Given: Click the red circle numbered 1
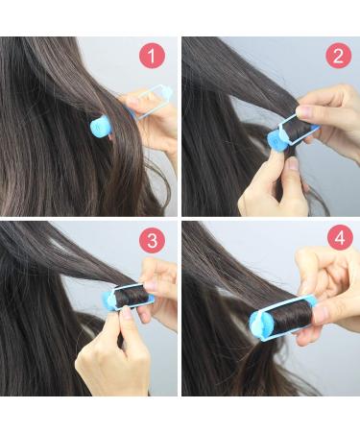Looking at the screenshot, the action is tap(152, 56).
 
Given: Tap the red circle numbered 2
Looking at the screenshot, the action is tap(338, 55).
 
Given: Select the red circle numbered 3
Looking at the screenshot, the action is tap(152, 240).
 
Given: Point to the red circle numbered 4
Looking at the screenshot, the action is tap(340, 238).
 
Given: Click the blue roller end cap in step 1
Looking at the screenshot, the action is tap(100, 126).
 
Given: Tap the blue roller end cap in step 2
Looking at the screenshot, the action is tap(276, 140).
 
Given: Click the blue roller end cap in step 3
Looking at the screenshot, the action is tap(109, 300).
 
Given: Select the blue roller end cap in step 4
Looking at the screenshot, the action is tap(260, 324).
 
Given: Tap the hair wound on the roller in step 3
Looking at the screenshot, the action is tap(132, 298).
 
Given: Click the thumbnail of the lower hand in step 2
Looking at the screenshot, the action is tap(292, 164).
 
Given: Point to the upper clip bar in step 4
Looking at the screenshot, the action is tap(281, 304).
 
